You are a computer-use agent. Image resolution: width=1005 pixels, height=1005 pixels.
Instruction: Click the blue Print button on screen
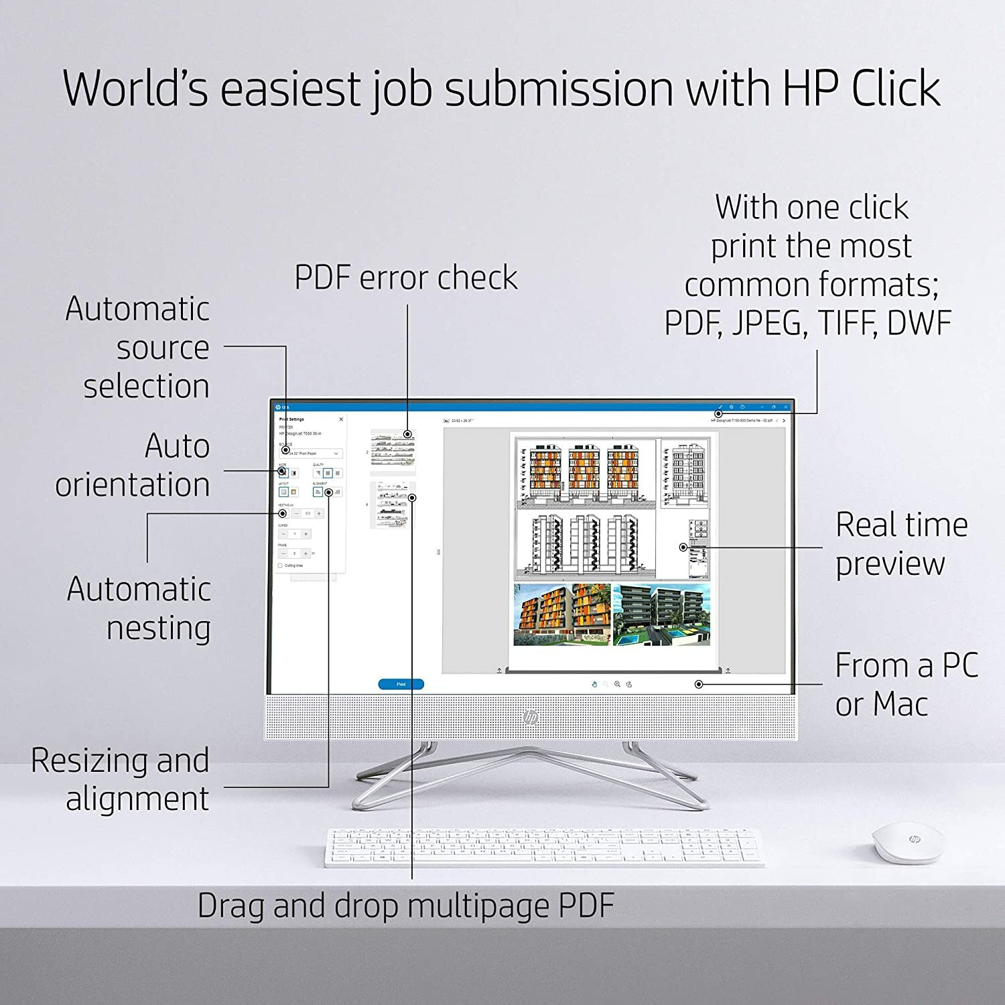(x=401, y=684)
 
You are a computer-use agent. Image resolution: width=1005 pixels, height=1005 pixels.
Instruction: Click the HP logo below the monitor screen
(x=531, y=717)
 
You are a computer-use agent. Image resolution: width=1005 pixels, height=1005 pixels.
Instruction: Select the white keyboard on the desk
(x=544, y=848)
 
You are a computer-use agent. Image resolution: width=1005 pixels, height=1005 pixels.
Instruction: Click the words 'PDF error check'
(x=406, y=278)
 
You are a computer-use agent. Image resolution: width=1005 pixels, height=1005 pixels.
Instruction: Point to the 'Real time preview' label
(x=901, y=543)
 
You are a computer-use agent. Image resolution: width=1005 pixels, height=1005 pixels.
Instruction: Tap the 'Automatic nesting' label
(x=139, y=608)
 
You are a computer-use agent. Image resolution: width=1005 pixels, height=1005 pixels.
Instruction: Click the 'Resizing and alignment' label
(x=121, y=779)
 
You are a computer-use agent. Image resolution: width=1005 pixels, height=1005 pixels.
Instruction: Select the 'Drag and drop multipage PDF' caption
(x=406, y=906)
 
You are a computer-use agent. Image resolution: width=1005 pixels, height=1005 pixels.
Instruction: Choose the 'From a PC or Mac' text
(x=906, y=684)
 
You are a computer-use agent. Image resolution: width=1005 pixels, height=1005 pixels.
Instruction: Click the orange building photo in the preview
(x=561, y=614)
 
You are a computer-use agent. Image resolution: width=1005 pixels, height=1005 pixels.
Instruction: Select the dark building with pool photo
(x=661, y=614)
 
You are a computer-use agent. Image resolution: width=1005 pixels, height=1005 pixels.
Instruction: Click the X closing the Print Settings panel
(x=341, y=419)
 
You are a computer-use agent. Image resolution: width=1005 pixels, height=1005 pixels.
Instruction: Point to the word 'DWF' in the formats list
(x=919, y=323)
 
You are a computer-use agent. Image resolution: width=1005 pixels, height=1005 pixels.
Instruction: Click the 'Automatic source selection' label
(x=138, y=347)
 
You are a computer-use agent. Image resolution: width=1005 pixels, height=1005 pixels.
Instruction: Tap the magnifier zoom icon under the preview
(x=617, y=684)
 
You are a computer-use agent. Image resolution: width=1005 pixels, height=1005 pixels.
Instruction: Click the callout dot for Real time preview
(x=683, y=547)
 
